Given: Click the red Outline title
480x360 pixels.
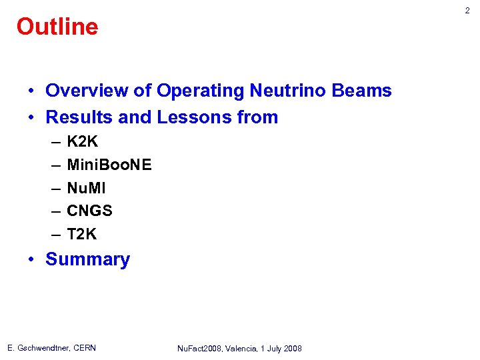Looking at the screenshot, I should [57, 27].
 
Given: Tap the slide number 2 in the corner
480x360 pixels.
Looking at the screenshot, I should [467, 11].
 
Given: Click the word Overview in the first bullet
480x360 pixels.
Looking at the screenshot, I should [84, 91].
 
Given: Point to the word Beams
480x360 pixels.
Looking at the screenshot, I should [365, 91].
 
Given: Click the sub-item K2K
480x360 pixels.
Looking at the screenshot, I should [82, 143].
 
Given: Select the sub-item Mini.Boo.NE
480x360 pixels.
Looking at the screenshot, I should [109, 165].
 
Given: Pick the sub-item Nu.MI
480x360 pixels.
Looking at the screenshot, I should [87, 188].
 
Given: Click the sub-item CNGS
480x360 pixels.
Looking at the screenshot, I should [89, 211].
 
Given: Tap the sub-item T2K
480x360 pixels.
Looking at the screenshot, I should [81, 235].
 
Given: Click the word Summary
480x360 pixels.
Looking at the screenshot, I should [87, 259].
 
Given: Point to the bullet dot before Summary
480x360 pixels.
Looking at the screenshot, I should [32, 260].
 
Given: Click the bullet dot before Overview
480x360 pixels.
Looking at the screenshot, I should [32, 91].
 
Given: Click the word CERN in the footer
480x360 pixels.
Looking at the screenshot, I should [84, 348].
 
